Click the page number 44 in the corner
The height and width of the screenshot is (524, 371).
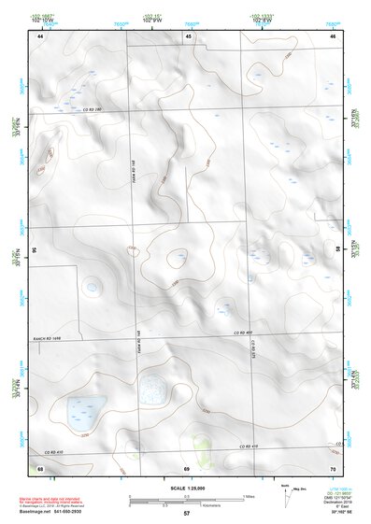point(41,35)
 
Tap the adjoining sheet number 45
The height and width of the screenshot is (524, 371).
point(188,35)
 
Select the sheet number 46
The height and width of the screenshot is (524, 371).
point(333,35)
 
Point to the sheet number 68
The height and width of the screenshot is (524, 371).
point(40,466)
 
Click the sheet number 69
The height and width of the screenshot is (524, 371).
point(187,466)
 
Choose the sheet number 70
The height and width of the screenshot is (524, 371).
point(333,466)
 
